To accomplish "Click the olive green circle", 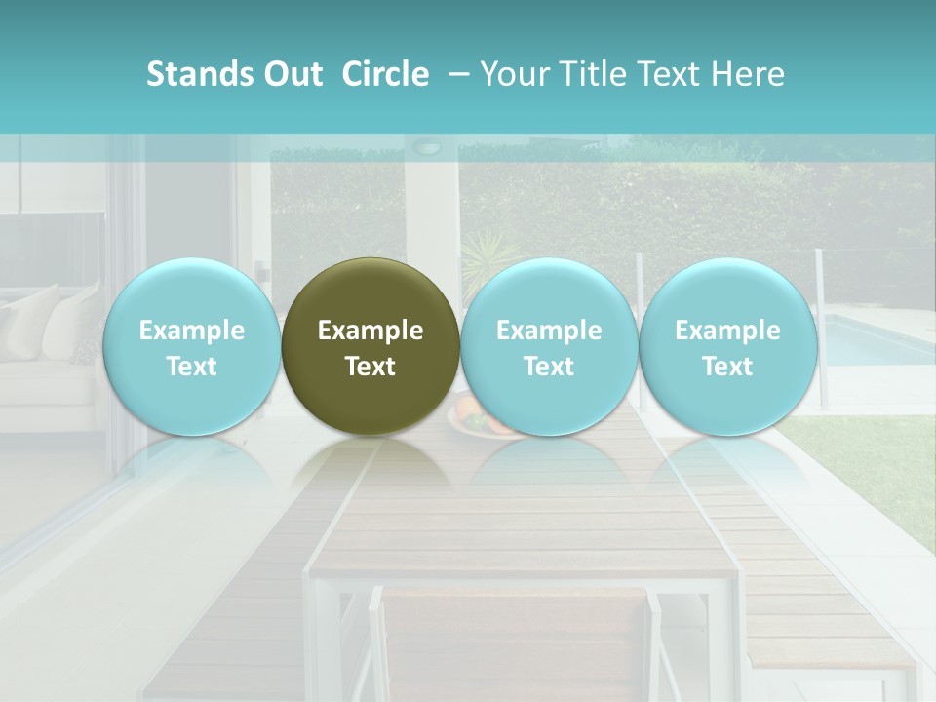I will pyautogui.click(x=370, y=346).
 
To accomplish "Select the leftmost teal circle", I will pyautogui.click(x=192, y=346).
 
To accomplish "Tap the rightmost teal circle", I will pyautogui.click(x=727, y=346).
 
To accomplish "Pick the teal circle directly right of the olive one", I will pyautogui.click(x=549, y=346).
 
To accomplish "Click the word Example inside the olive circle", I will pyautogui.click(x=370, y=331).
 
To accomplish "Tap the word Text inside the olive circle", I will pyautogui.click(x=370, y=367).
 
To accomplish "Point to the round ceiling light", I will pyautogui.click(x=427, y=147).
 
